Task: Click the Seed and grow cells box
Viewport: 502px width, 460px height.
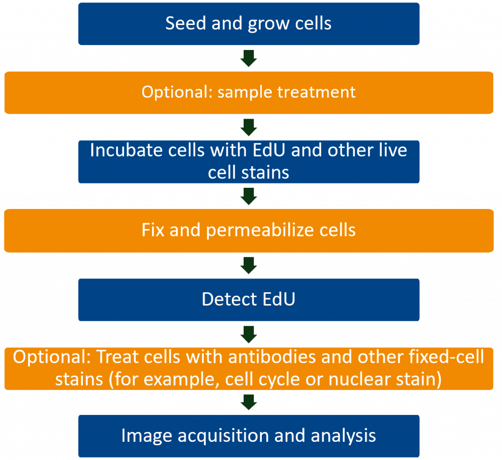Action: pyautogui.click(x=249, y=24)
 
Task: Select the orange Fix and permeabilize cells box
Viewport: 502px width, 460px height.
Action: pyautogui.click(x=249, y=231)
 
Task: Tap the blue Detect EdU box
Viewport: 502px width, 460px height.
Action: pyautogui.click(x=249, y=300)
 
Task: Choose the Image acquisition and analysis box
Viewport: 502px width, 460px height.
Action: pyautogui.click(x=249, y=436)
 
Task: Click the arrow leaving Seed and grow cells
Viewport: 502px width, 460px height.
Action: pyautogui.click(x=249, y=58)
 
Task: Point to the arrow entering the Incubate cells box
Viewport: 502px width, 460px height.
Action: pyautogui.click(x=249, y=128)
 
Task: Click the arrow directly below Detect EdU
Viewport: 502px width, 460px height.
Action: pyautogui.click(x=249, y=334)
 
